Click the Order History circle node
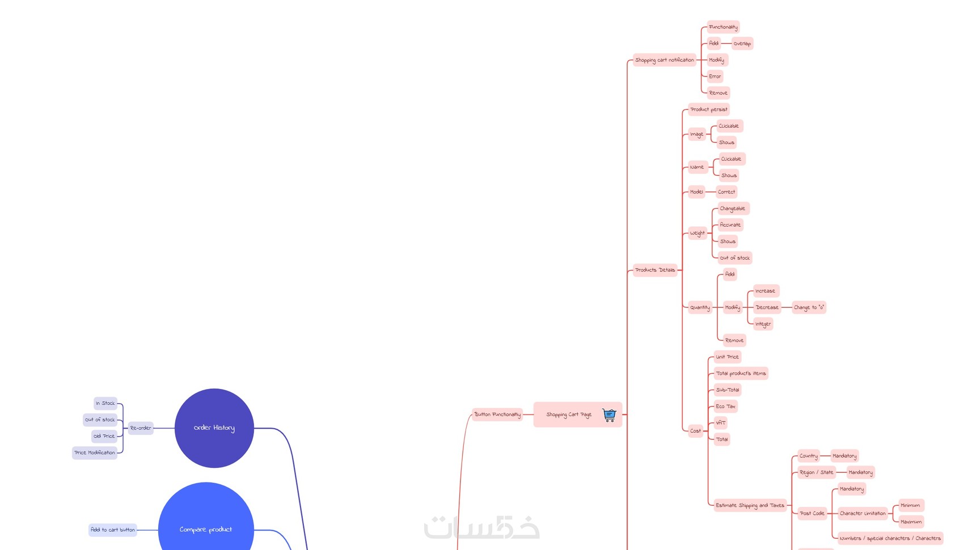[214, 428]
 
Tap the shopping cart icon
[609, 414]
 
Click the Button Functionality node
[497, 414]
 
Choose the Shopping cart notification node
[664, 60]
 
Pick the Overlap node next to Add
[742, 44]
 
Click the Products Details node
[655, 270]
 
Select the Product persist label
[708, 109]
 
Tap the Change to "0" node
[809, 307]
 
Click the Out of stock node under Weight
[734, 258]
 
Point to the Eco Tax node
[725, 407]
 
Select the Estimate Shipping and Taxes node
[750, 505]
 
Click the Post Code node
[812, 513]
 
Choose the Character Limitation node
[862, 513]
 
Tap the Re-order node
[141, 428]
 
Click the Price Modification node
[95, 452]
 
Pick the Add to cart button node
[113, 530]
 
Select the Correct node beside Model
[726, 192]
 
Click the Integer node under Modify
[763, 324]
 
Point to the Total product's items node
[741, 373]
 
